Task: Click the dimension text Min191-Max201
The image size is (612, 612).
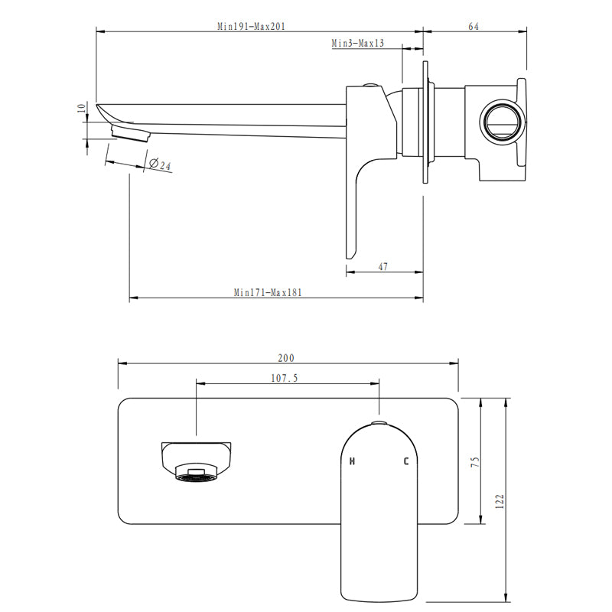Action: [x=251, y=26]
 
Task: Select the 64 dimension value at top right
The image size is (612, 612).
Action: [x=473, y=26]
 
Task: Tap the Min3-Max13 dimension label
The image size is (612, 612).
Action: [x=357, y=44]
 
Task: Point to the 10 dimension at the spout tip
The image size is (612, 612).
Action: [x=82, y=109]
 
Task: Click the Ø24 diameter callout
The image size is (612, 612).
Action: [x=160, y=164]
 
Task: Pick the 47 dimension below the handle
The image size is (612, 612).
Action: [x=383, y=266]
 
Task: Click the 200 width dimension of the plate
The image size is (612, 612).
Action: [x=286, y=357]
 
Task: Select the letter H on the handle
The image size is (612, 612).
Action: [x=352, y=461]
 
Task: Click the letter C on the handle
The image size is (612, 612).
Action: [x=407, y=461]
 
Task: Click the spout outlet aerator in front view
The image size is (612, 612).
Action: [x=195, y=475]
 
